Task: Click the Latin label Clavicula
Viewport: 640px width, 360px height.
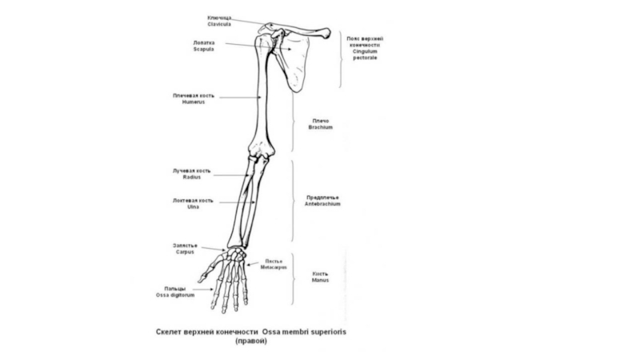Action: tap(219, 24)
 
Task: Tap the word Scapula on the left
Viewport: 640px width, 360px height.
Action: tap(204, 50)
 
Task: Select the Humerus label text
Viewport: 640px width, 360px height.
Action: tap(194, 102)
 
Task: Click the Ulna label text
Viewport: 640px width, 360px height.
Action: tap(193, 207)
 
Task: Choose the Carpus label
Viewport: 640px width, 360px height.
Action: tap(185, 252)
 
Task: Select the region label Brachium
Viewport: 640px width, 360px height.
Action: tap(320, 127)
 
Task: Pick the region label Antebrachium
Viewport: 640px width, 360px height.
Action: tap(323, 204)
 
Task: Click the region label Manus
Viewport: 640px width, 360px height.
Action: tap(320, 281)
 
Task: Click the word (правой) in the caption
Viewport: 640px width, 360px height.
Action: tap(250, 342)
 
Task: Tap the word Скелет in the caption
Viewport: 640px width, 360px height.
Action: tap(171, 331)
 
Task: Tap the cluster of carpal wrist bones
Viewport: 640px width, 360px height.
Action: tap(235, 255)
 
